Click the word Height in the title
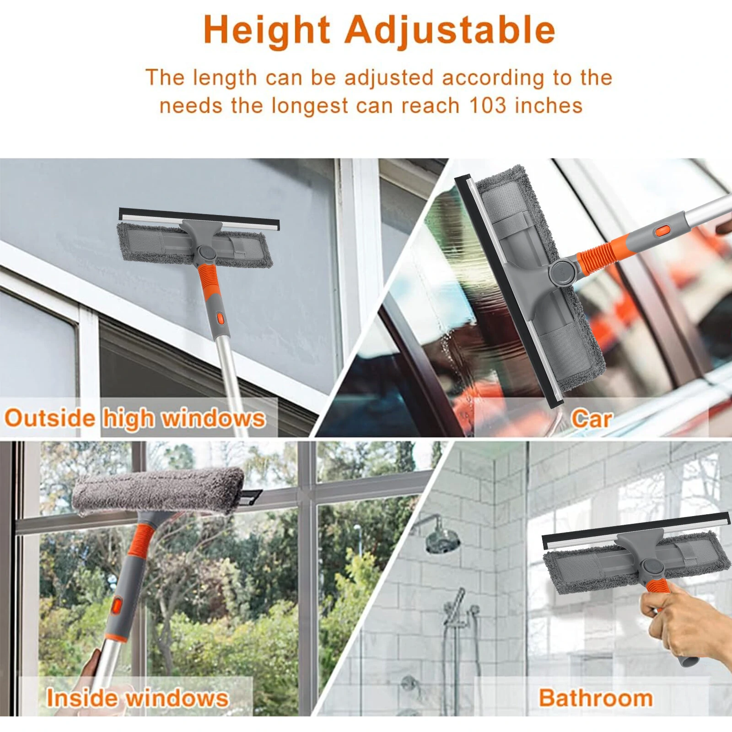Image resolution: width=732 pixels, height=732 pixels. (267, 31)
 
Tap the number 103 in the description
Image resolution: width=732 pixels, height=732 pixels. (488, 106)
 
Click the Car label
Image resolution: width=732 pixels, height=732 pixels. (591, 419)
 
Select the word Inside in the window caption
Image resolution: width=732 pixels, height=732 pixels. (81, 698)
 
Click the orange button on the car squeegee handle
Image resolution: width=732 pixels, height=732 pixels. (662, 231)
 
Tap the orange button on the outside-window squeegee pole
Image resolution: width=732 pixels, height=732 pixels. (220, 318)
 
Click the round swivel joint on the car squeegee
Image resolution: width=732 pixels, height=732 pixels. (560, 272)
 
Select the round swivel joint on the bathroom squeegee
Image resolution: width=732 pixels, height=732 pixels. (651, 568)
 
